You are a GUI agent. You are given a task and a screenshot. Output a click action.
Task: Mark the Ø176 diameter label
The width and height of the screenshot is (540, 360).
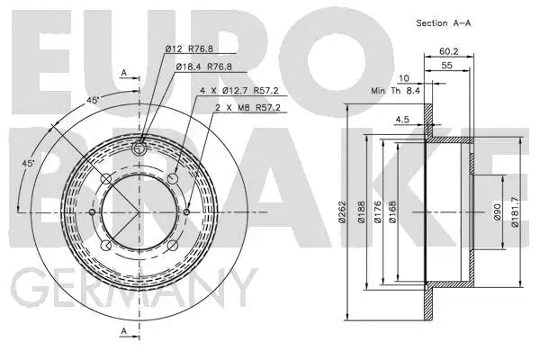pos(389,213)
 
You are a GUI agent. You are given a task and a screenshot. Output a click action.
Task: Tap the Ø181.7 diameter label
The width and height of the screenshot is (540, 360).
pos(516,212)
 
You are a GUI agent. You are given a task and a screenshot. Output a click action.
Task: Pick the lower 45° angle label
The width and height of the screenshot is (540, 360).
pos(28,163)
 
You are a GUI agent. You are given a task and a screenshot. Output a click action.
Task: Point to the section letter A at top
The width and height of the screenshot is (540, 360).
pos(123,72)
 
